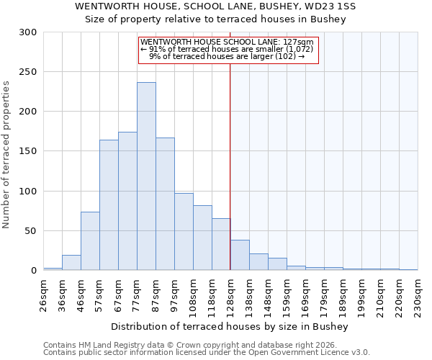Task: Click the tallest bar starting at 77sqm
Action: coord(146,176)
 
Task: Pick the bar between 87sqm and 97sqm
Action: coord(165,204)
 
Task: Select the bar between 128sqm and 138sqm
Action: coord(240,256)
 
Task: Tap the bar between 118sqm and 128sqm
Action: coord(221,245)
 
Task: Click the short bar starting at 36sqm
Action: coord(71,263)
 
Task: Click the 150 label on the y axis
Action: coord(28,151)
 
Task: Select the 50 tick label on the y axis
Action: coord(31,231)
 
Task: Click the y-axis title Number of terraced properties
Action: coord(6,154)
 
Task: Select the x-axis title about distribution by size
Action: coord(230,327)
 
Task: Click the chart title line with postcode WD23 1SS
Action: coord(215,6)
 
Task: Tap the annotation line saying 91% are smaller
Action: coord(227,49)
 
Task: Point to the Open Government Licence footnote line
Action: coord(207,352)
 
